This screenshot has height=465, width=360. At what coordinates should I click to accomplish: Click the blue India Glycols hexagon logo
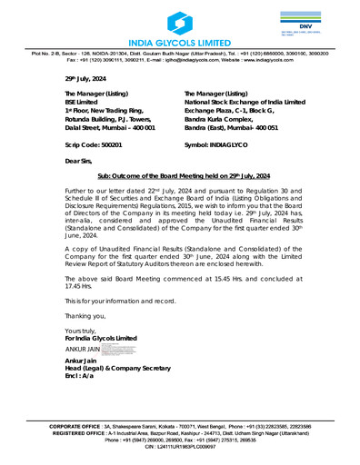pyautogui.click(x=179, y=22)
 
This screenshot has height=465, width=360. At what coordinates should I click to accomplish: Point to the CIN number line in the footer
pyautogui.click(x=179, y=448)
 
